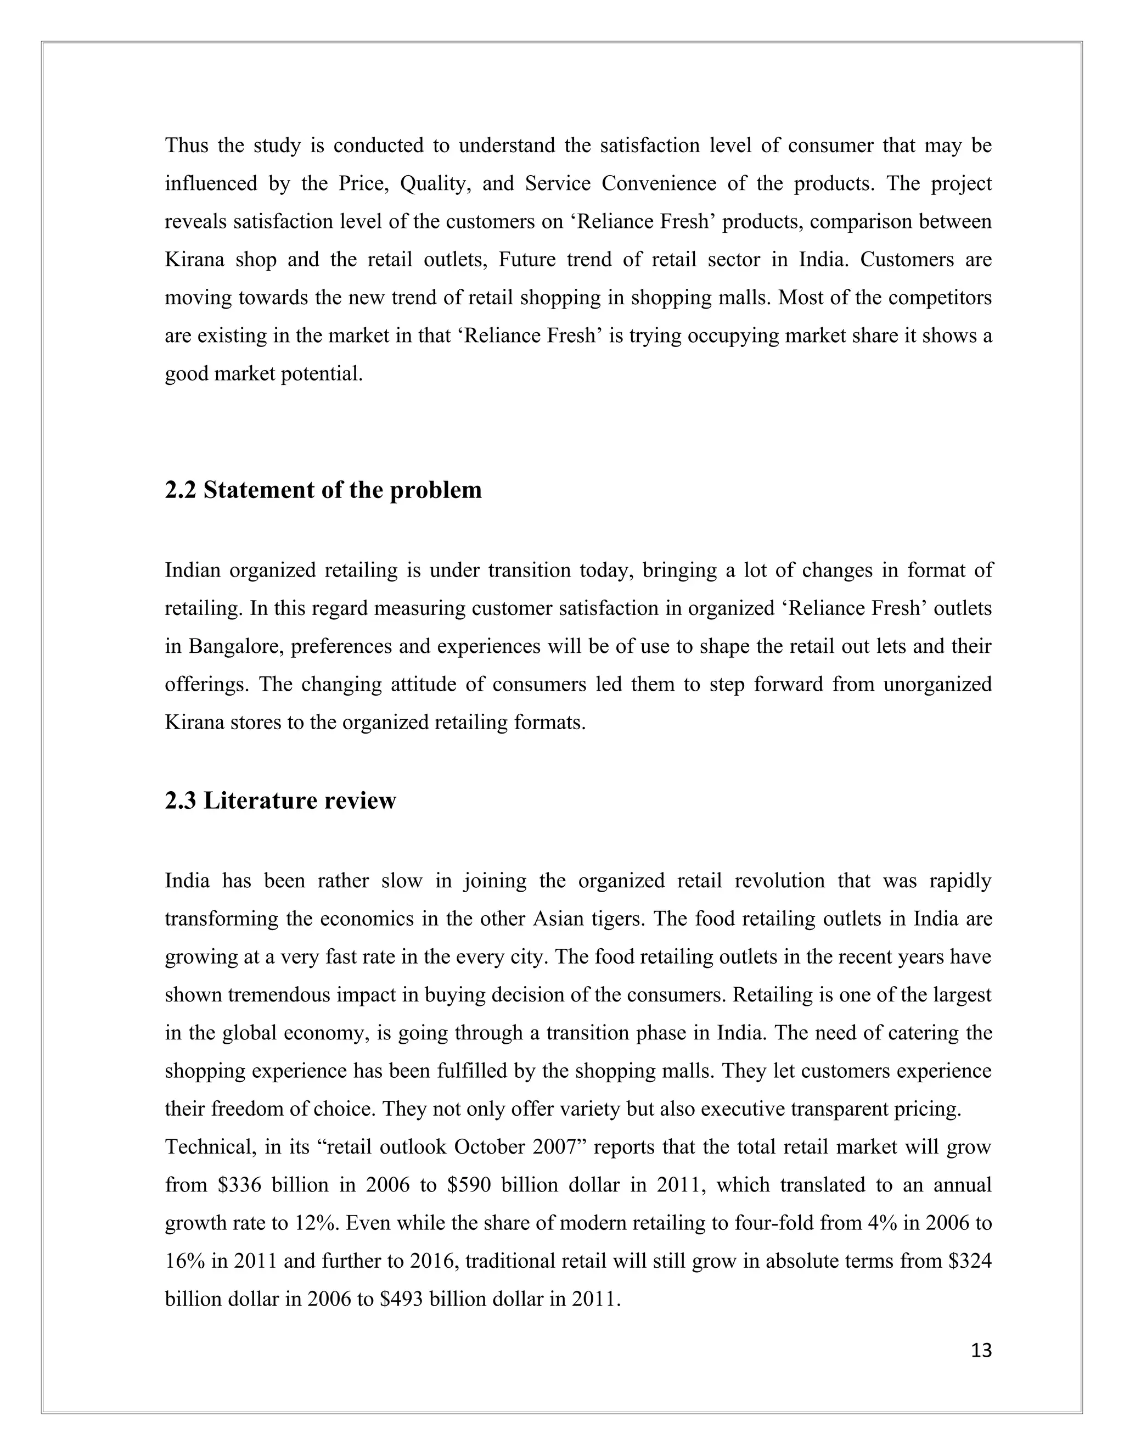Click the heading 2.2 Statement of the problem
(323, 490)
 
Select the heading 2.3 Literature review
(280, 800)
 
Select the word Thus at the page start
(187, 145)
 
